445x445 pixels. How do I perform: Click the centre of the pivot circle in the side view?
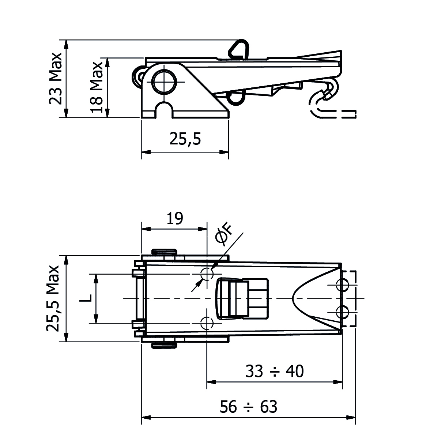pos(164,82)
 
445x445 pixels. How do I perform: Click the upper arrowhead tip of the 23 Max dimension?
pos(66,40)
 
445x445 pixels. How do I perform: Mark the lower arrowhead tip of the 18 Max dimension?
pos(107,117)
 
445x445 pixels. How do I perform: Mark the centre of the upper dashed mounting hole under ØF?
pos(207,274)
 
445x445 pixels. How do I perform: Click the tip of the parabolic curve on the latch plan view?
pos(293,299)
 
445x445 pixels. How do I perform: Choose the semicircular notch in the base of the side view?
pos(164,110)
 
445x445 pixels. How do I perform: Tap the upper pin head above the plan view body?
pos(164,252)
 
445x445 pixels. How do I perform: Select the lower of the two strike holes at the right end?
pos(342,312)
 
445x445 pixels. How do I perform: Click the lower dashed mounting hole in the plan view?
pos(207,323)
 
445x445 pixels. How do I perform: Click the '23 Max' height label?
pos(56,79)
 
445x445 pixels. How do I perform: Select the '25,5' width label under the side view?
pos(185,139)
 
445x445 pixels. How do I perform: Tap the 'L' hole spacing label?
pos(86,298)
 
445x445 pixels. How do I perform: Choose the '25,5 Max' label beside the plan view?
pos(53,299)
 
